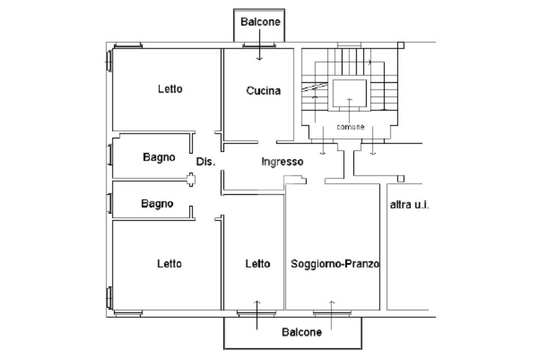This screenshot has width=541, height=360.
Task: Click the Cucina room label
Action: pos(263,91)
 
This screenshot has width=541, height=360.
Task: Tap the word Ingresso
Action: pos(283,162)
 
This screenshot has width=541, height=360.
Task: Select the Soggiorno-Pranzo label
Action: pos(335,263)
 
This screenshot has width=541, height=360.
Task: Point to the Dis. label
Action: pos(206,162)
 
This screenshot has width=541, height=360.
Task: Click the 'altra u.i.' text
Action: pos(409,204)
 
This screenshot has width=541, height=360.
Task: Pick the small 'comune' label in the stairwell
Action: pos(350,127)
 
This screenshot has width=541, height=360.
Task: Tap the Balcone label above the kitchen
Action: pos(260,22)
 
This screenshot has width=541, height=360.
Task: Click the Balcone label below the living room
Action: pos(301,333)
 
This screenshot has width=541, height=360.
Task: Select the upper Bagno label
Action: pos(159,157)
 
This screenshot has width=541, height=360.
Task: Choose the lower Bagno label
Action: pos(157,203)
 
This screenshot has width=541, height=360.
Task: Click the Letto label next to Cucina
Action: pos(170,89)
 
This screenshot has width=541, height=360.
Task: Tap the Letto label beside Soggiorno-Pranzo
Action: pos(258,263)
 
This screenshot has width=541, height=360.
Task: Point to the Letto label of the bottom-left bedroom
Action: pos(170,263)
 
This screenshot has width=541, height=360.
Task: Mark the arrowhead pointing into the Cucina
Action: pos(259,59)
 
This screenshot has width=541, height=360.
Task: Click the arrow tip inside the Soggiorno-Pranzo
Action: pos(332,302)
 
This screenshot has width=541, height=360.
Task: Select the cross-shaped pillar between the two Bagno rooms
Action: pos(191,181)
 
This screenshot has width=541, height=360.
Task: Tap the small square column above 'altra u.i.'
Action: pos(400,179)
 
